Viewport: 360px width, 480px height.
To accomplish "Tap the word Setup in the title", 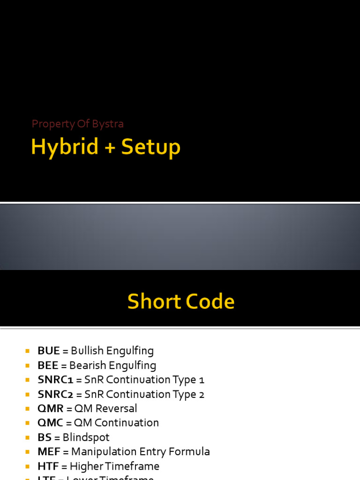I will click(150, 148).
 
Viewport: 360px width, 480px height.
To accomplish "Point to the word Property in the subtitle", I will click(53, 124).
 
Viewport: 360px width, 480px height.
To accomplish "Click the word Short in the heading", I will click(153, 301).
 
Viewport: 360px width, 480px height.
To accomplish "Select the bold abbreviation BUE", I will click(49, 351).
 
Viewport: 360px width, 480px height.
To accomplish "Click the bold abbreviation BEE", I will click(48, 365).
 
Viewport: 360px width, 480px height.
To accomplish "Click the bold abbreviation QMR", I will click(51, 408).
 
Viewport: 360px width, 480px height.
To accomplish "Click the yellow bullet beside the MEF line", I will click(27, 452).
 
